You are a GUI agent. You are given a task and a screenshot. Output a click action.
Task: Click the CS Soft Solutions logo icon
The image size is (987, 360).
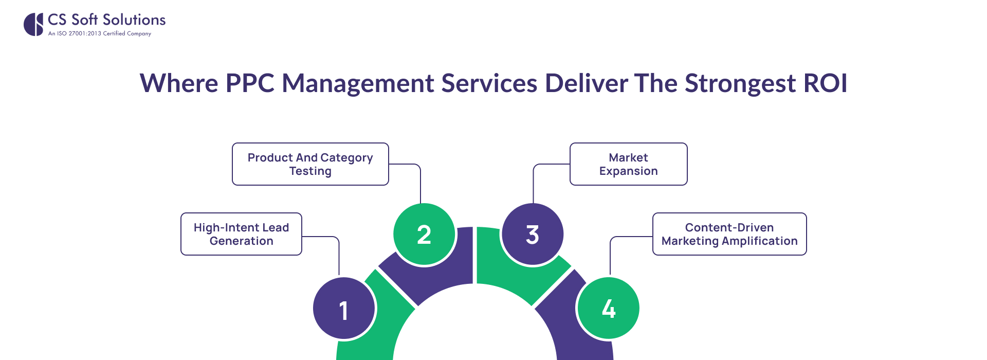point(33,24)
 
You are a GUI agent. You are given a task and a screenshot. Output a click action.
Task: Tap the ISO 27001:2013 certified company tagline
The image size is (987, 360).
point(100,33)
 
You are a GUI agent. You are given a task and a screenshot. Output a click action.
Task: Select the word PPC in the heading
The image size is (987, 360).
point(250,83)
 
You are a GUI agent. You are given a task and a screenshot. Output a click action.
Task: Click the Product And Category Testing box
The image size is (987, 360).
point(310,164)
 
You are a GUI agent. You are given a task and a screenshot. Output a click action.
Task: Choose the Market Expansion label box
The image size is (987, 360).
point(628,164)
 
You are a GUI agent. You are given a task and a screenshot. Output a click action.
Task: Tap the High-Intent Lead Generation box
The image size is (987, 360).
point(241,234)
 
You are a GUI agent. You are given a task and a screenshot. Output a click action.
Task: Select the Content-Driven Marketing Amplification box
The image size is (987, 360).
point(729,234)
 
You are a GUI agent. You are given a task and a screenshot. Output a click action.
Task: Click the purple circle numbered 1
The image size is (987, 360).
point(344,309)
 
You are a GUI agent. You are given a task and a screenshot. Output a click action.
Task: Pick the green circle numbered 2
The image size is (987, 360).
point(424,235)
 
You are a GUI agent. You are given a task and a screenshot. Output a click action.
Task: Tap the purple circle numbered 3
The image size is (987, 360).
point(532,235)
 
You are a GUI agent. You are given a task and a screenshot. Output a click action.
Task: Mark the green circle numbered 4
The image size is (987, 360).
point(608,309)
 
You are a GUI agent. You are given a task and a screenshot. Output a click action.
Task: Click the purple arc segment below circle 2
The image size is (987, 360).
point(437,280)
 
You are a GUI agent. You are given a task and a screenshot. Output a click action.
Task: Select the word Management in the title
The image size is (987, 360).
point(358,83)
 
